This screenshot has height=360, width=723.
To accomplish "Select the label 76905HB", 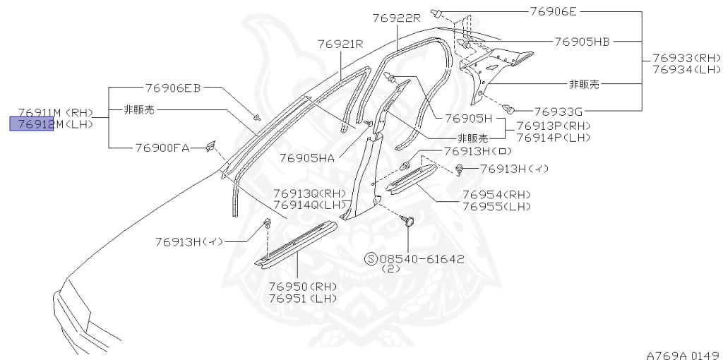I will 582,42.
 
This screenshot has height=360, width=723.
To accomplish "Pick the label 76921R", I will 340,44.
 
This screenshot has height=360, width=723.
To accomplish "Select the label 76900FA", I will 162,148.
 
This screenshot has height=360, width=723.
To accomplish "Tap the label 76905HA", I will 306,157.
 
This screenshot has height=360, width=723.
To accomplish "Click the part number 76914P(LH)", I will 553,138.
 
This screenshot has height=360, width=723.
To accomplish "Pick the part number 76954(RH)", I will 496,195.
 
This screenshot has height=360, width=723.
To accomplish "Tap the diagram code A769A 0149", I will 683,354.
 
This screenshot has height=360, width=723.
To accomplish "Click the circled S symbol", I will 371,259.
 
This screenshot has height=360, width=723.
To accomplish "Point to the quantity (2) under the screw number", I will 390,270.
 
